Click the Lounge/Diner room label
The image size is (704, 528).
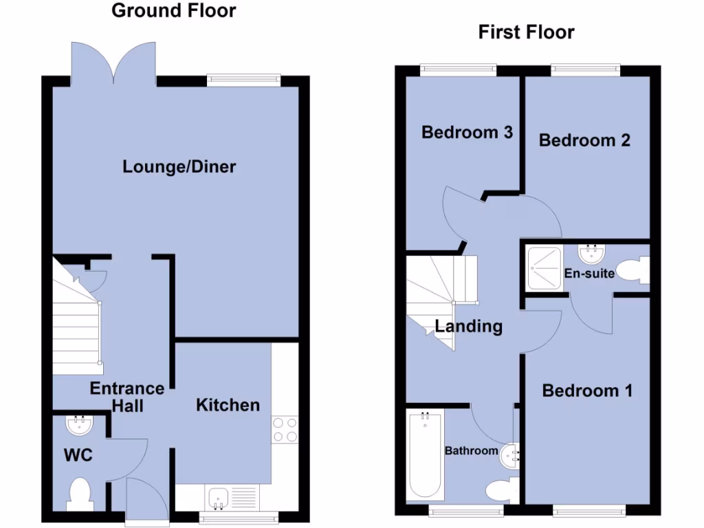[x=179, y=166]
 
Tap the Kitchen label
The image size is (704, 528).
[x=228, y=405]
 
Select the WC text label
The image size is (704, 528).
[x=78, y=455]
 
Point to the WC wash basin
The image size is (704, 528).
[x=79, y=425]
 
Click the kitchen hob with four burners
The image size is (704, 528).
[x=285, y=430]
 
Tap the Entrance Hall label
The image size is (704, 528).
[x=127, y=397]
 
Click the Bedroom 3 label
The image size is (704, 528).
[x=467, y=132]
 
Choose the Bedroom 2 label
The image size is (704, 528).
[x=584, y=140]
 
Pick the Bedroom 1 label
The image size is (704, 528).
[x=587, y=390]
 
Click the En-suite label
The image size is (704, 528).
[x=589, y=273]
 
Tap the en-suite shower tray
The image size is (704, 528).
[x=544, y=269]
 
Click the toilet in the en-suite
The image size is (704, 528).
[x=633, y=270]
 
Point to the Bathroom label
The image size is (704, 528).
[x=471, y=451]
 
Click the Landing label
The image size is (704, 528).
[x=468, y=326]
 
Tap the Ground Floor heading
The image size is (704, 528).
[x=173, y=10]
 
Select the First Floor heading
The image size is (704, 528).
[x=526, y=32]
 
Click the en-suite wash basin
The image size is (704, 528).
[x=589, y=254]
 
